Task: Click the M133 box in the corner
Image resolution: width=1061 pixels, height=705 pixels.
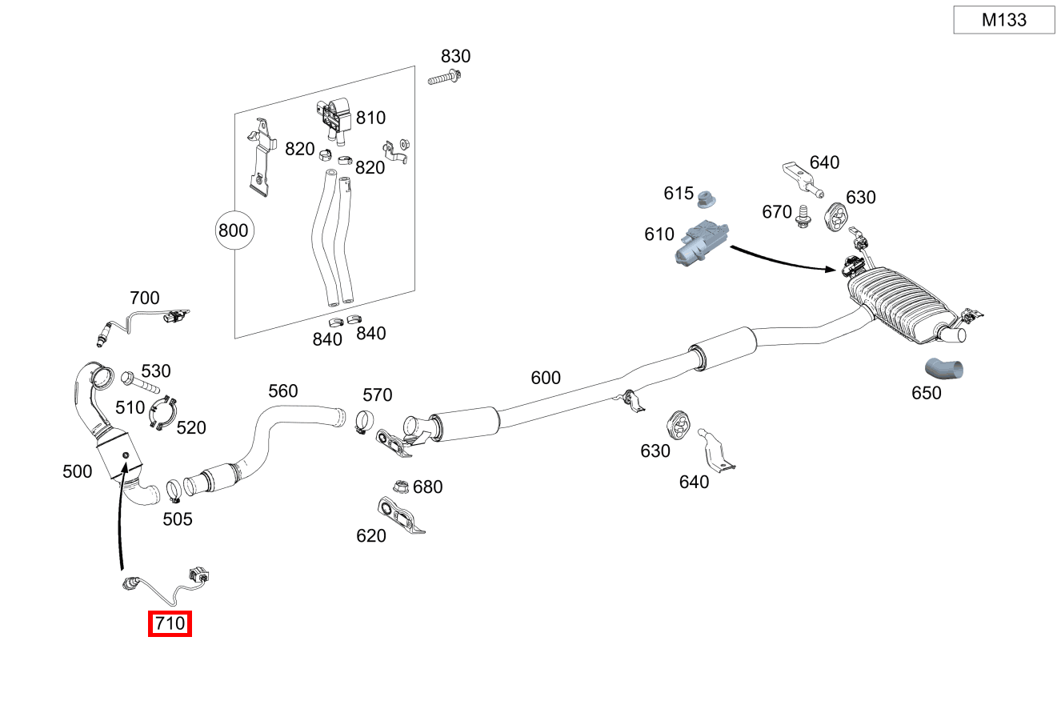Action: (1003, 20)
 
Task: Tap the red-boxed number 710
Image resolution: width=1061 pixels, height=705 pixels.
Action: (170, 623)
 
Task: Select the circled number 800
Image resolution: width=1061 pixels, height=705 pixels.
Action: (233, 231)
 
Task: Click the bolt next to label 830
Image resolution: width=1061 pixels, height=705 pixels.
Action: (444, 78)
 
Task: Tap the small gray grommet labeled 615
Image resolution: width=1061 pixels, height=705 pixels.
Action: (706, 198)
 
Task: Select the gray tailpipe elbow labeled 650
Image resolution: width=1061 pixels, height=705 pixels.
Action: (944, 369)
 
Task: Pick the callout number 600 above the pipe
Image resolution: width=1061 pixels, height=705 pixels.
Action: (546, 378)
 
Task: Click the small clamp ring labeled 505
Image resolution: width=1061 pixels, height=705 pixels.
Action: (174, 488)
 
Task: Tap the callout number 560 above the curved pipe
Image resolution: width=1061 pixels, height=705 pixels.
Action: (282, 391)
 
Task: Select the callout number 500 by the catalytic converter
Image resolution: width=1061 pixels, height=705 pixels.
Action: (78, 471)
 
